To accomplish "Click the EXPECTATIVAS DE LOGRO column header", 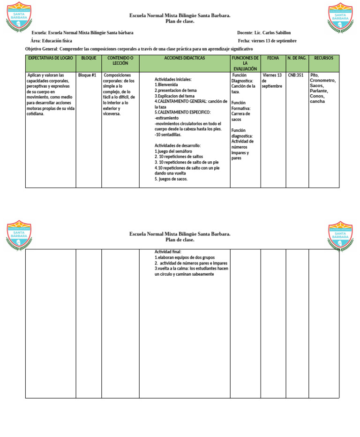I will tap(51, 58).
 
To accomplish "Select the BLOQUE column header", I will tap(89, 58).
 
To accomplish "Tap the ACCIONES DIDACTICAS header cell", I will tap(184, 58).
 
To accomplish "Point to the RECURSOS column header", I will tap(323, 58).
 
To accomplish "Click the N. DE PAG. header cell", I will tap(297, 58).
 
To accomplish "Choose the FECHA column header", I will tap(273, 58).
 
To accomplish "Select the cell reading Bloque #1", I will tap(87, 75).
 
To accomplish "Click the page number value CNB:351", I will tap(295, 75).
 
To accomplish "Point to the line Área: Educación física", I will tap(51, 41).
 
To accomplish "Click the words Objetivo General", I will tap(42, 49).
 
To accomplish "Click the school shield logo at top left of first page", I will tap(19, 17).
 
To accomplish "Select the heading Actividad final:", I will tap(168, 252).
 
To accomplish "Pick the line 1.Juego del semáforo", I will tap(174, 151).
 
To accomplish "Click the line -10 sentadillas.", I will tap(168, 135).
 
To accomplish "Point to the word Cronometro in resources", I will tap(322, 80).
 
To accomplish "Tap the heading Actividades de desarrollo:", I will tap(178, 146).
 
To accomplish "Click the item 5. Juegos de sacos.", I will tap(171, 179).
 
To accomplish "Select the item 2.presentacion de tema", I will tap(176, 90).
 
